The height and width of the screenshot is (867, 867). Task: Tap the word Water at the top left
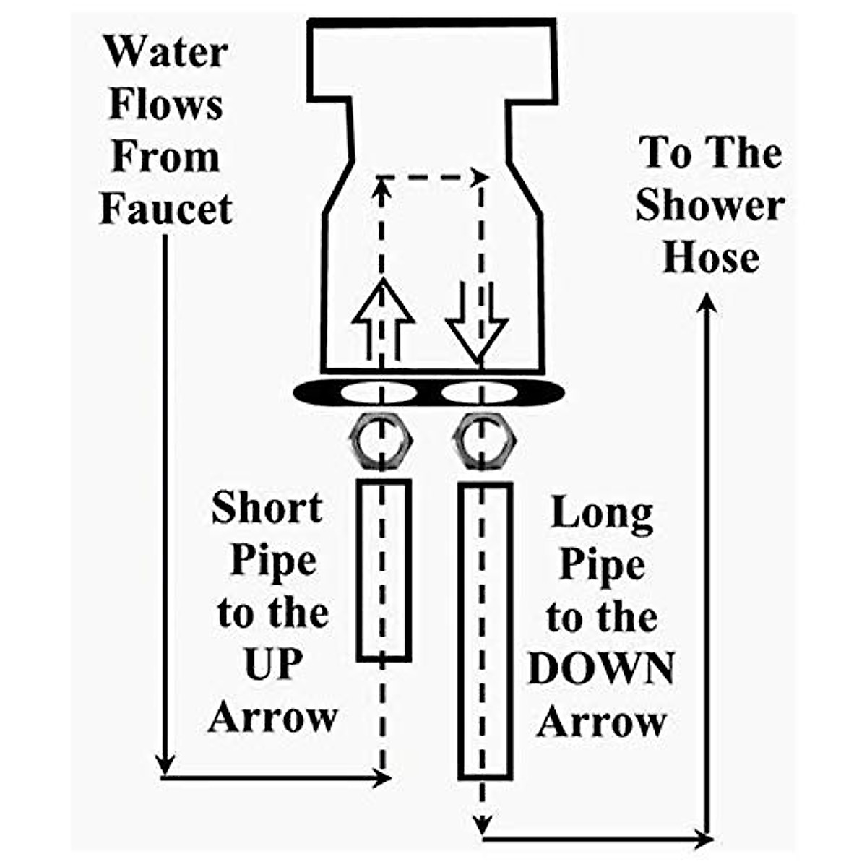pos(166,52)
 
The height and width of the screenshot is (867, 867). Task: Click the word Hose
pos(711,258)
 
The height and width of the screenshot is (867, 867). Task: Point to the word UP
pos(273,665)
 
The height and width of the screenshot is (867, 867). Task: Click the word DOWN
pos(601,669)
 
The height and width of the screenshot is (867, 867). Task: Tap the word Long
pos(602,513)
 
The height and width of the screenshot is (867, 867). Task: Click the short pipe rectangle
pos(384,571)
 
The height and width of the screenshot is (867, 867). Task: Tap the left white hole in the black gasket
pos(379,394)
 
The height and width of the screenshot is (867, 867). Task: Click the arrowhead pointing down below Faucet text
pos(166,762)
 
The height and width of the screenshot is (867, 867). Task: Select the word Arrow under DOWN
pos(601,722)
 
